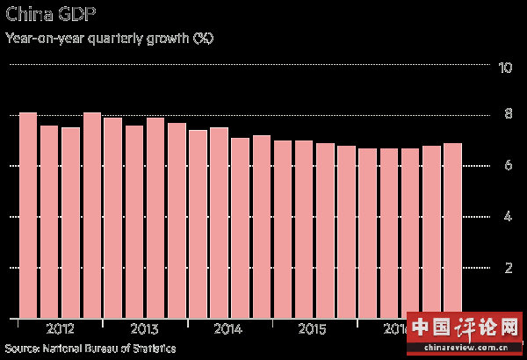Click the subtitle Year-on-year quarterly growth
point(110,39)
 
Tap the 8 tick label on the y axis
point(507,115)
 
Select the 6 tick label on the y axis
point(507,166)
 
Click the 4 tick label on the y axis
point(507,217)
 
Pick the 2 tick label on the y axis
point(507,268)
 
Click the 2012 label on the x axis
point(60,329)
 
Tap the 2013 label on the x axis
point(143,329)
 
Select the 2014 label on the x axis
point(227,329)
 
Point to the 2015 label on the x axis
point(312,329)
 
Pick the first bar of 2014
point(198,224)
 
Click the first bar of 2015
point(282,229)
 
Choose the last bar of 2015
point(346,232)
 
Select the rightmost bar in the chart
point(452,230)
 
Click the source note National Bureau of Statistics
point(90,349)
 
